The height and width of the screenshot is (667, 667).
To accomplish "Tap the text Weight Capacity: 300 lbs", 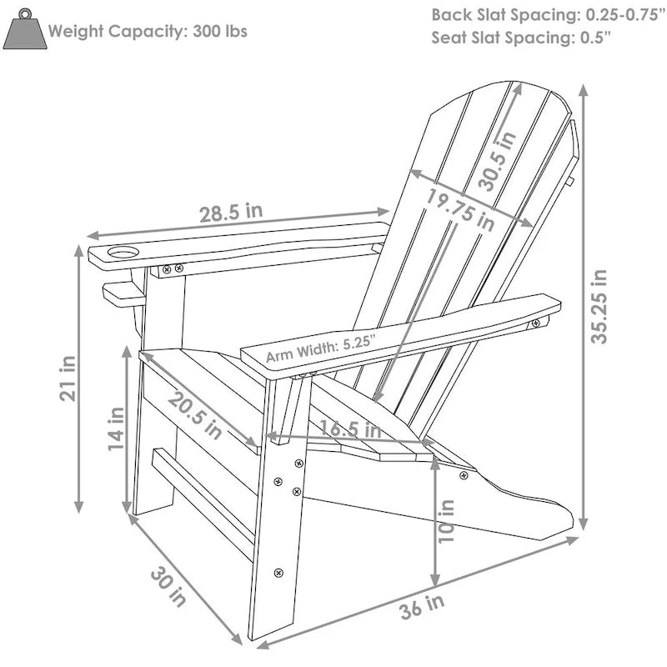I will coord(148,32).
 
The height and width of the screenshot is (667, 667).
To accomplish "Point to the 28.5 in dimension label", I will coord(231,212).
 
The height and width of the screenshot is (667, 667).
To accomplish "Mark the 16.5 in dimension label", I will coord(349,430).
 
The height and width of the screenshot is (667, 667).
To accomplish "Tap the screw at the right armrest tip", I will coord(535,322).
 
